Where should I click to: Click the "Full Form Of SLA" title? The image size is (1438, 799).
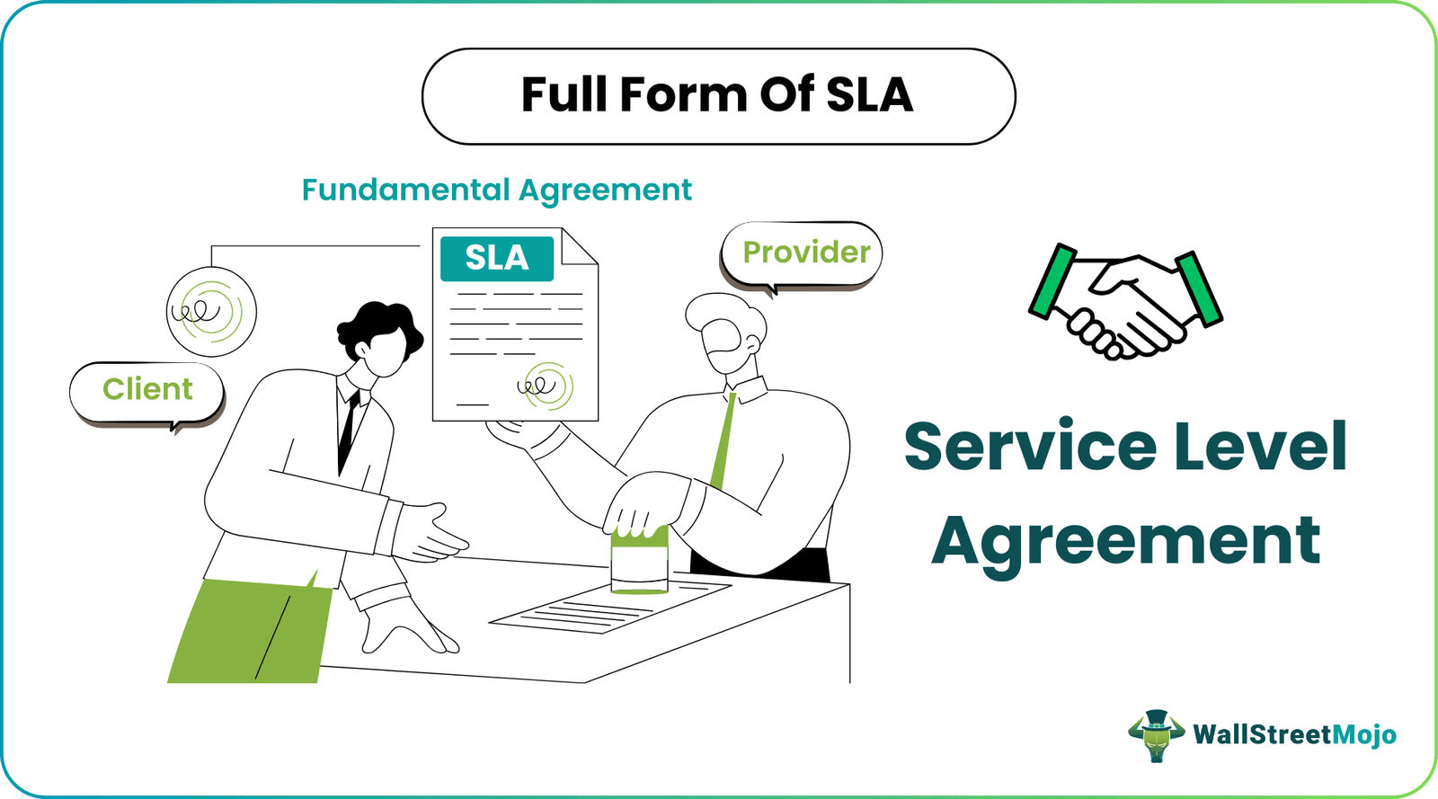(x=717, y=95)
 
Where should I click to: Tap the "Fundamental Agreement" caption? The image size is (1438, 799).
(x=496, y=191)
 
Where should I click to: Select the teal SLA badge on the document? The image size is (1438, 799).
(x=496, y=258)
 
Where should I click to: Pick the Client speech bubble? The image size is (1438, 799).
(x=147, y=389)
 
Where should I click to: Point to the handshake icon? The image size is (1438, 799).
(x=1125, y=302)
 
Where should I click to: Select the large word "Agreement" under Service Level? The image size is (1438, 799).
(x=1125, y=541)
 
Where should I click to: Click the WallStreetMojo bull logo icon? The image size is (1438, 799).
(x=1156, y=735)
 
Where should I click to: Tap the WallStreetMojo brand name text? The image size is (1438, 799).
(x=1294, y=735)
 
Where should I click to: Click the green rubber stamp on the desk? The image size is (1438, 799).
(x=639, y=561)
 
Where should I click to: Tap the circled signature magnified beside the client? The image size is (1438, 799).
(x=211, y=313)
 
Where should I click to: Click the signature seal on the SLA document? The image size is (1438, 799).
(x=546, y=386)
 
